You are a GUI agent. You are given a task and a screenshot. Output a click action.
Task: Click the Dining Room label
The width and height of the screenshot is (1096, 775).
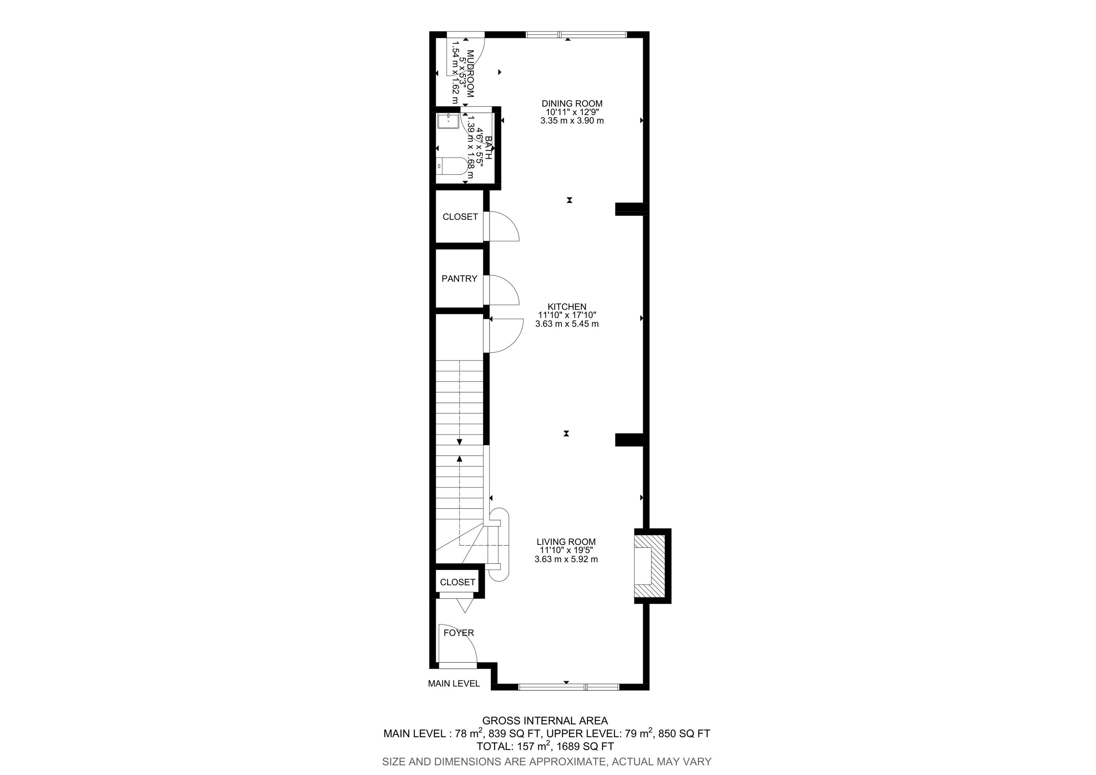click(x=572, y=103)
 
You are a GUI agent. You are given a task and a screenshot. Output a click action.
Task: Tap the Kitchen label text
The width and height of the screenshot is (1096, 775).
click(x=567, y=307)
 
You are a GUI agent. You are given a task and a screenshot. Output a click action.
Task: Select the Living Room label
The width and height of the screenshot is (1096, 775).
click(x=566, y=542)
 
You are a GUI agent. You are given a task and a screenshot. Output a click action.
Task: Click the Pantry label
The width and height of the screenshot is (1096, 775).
click(x=459, y=279)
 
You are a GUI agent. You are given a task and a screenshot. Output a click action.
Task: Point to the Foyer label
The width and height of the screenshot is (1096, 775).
click(x=459, y=632)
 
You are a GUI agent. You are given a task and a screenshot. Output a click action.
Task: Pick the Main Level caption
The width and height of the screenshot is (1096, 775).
click(x=453, y=683)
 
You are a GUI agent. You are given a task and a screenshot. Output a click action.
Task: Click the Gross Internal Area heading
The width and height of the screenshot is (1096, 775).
click(x=545, y=720)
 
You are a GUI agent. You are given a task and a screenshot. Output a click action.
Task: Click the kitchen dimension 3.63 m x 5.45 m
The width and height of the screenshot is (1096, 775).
click(x=567, y=324)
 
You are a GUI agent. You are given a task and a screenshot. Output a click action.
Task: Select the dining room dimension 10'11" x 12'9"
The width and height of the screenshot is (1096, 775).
click(x=572, y=112)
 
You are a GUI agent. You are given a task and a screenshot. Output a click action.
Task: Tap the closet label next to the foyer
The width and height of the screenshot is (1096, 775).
click(x=457, y=582)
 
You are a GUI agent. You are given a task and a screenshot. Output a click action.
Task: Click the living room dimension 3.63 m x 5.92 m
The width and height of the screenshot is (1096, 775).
click(x=566, y=559)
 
